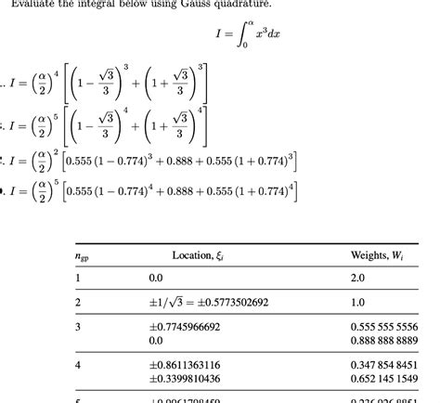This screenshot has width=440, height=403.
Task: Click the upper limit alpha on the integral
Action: tap(226, 27)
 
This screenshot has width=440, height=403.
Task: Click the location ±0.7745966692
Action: tap(185, 327)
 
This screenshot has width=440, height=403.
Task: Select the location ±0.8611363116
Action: tap(185, 365)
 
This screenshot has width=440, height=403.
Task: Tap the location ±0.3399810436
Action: tap(185, 378)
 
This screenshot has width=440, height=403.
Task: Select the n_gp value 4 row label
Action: tap(77, 365)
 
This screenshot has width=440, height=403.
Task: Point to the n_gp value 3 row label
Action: tap(77, 327)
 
